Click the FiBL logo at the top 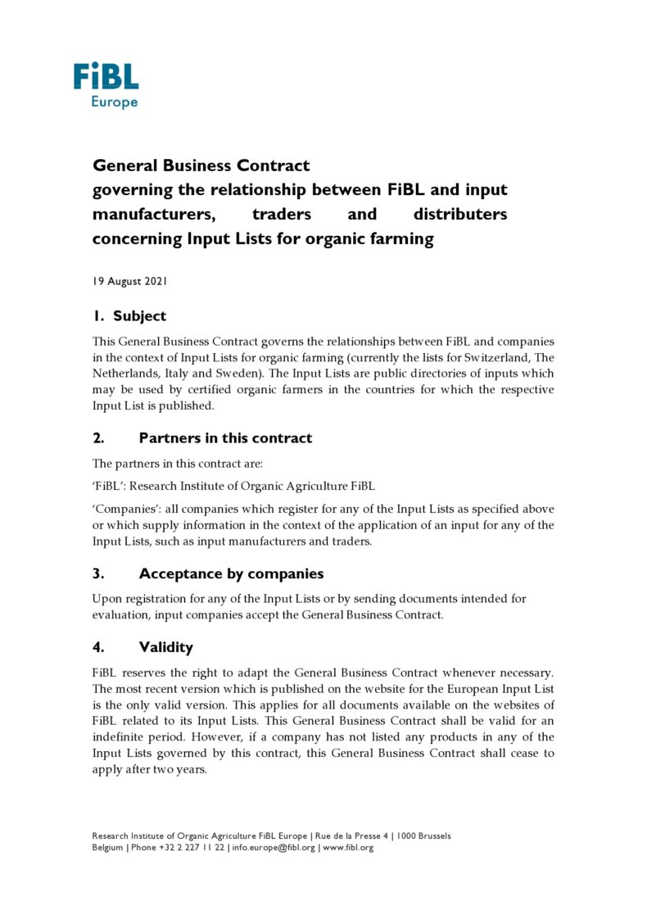pyautogui.click(x=106, y=78)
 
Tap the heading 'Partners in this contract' pyautogui.click(x=225, y=438)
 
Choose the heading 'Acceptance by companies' pyautogui.click(x=231, y=573)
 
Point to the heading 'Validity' pyautogui.click(x=165, y=647)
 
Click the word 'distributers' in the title pyautogui.click(x=460, y=215)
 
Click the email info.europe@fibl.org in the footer pyautogui.click(x=274, y=847)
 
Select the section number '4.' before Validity pyautogui.click(x=97, y=647)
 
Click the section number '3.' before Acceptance pyautogui.click(x=97, y=573)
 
